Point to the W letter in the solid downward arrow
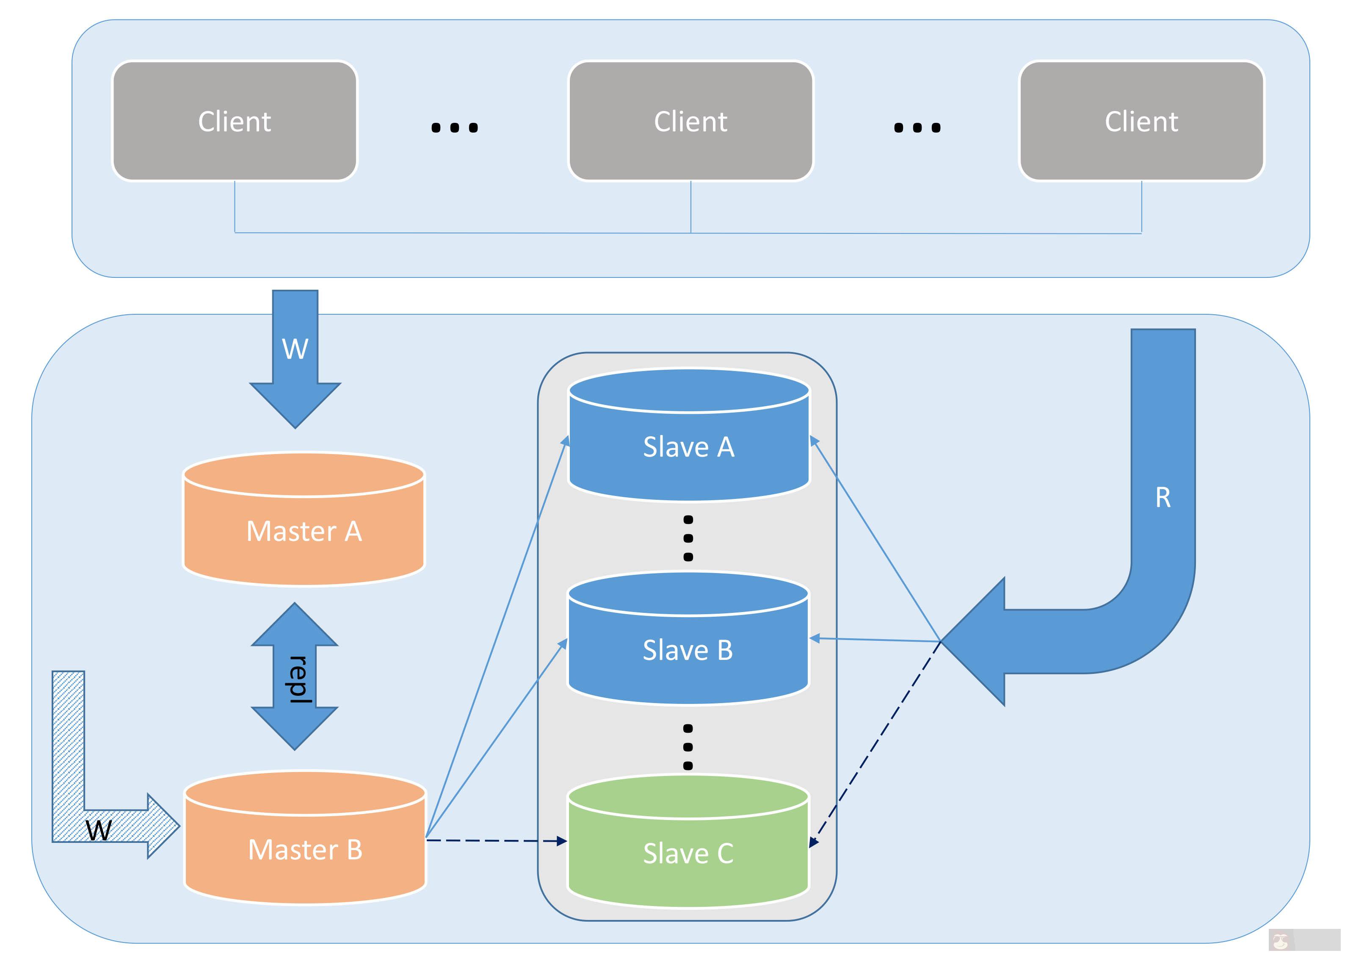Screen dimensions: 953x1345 pos(295,349)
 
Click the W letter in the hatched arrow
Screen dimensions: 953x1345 pos(99,830)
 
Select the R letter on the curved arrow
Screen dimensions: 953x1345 pos(1163,498)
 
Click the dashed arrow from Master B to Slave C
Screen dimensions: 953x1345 pos(496,841)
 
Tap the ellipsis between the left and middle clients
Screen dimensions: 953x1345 pos(455,127)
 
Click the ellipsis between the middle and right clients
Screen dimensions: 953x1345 pos(917,127)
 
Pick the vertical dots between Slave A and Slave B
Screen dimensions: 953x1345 pos(688,538)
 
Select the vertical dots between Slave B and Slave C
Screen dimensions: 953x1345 pos(688,746)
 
